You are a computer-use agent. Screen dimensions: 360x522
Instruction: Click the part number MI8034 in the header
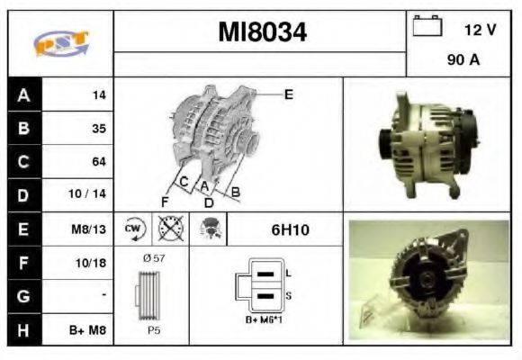coord(262,32)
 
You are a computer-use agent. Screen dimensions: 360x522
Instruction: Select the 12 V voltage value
coord(480,30)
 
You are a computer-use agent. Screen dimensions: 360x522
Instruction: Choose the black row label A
coord(23,94)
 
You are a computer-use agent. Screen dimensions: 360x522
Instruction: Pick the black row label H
coord(23,329)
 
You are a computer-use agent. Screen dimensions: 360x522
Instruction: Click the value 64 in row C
coord(99,162)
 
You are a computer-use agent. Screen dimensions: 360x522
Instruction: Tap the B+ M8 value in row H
coord(90,330)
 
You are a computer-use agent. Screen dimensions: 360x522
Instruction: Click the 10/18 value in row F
coord(94,263)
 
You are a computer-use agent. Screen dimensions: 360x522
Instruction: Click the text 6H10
coord(290,229)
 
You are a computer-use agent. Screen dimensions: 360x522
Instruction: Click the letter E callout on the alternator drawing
coord(288,93)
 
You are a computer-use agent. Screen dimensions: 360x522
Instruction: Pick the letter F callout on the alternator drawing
coord(166,201)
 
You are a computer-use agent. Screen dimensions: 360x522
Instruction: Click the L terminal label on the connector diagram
coord(288,272)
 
